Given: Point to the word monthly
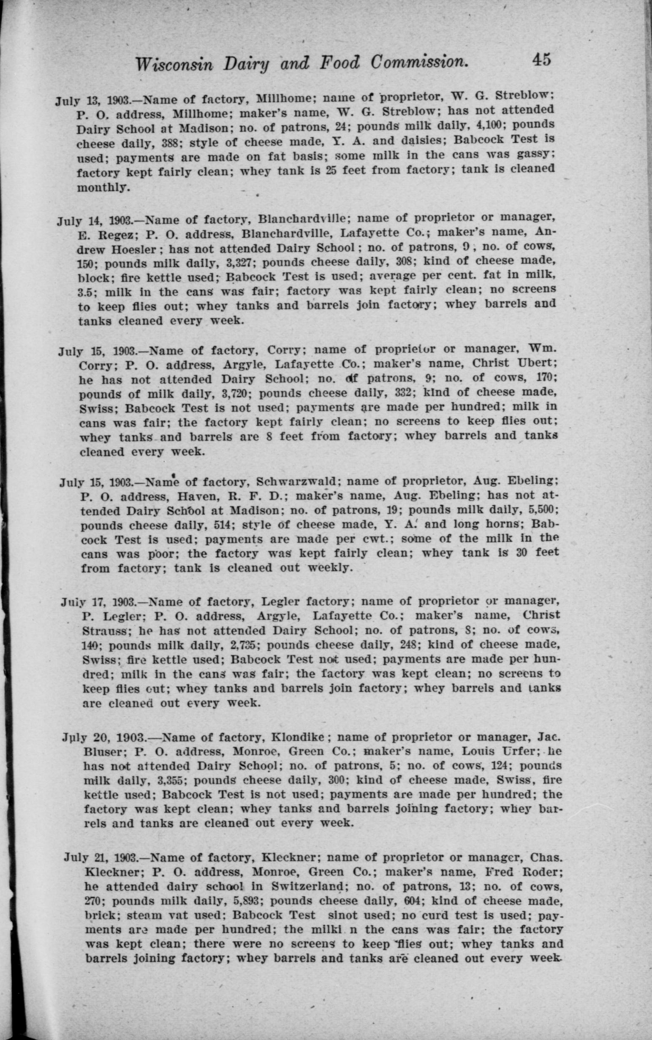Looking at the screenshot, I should tap(103, 188).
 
